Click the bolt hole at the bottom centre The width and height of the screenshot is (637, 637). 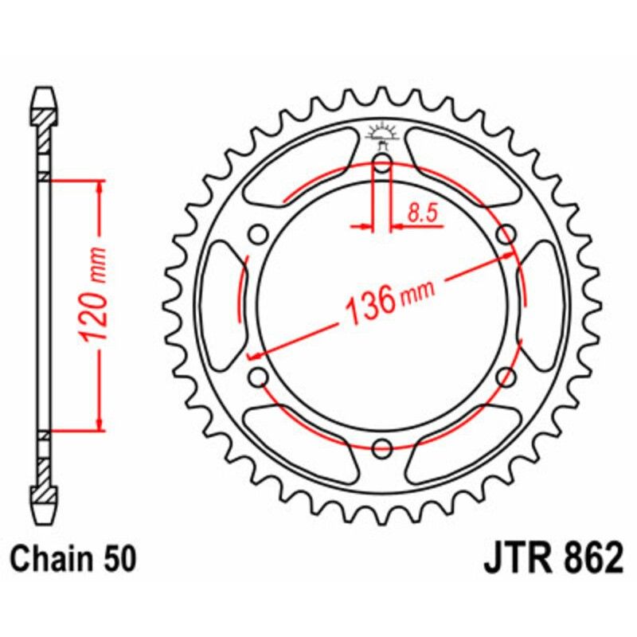point(382,448)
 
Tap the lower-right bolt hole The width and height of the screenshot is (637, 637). point(505,378)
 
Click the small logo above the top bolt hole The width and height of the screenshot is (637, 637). point(382,135)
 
